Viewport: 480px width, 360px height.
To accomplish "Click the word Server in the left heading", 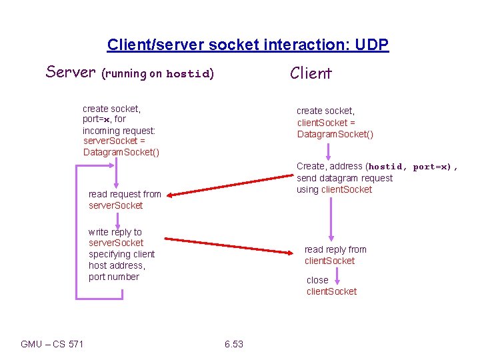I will coord(71,72).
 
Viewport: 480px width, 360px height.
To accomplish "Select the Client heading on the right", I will coord(311,73).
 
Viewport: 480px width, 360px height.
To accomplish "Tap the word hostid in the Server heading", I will coord(188,74).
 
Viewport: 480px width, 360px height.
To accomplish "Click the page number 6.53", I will coord(234,344).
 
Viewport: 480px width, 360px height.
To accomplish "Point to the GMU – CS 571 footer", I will coord(52,344).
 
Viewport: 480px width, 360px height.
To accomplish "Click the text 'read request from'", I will coord(125,194).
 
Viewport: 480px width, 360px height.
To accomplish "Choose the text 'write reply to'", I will coord(115,232).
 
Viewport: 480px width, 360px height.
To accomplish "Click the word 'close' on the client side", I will coord(317,280).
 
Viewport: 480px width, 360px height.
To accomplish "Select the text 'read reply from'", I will coord(335,249).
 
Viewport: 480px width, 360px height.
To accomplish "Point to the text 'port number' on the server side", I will coord(114,277).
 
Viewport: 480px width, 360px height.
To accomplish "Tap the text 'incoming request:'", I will coord(119,130).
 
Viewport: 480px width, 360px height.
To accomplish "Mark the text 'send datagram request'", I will coord(345,178).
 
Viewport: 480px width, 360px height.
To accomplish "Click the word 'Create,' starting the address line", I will coord(311,166).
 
